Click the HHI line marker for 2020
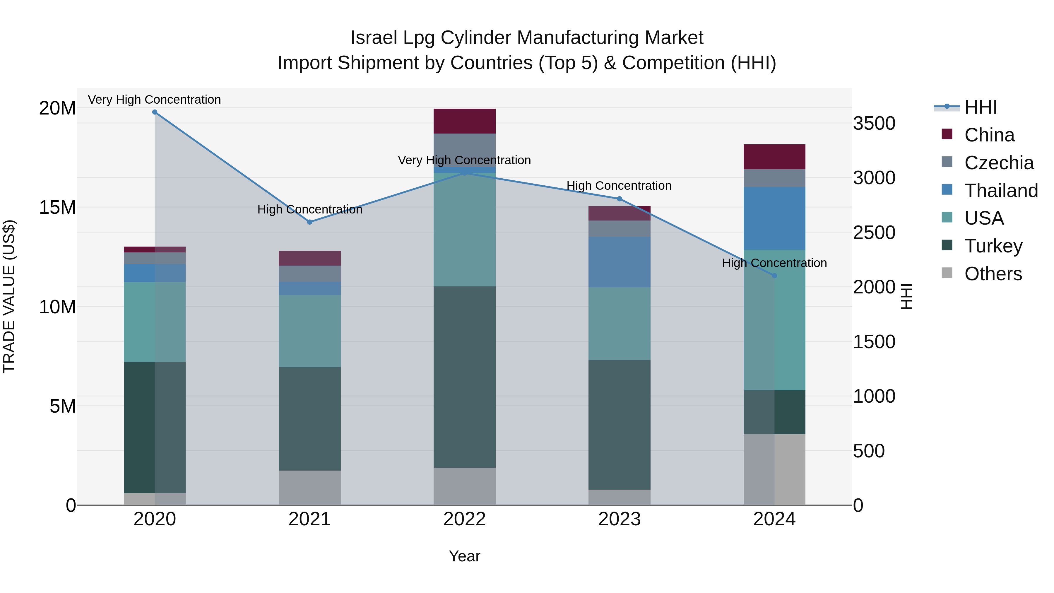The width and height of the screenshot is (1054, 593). click(x=155, y=112)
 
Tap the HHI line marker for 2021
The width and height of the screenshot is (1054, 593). click(x=310, y=222)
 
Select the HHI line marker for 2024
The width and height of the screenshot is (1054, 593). click(x=774, y=276)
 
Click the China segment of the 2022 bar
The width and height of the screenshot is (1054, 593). click(x=464, y=121)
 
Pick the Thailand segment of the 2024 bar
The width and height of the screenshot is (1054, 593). click(x=774, y=218)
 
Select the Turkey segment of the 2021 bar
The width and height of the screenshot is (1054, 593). click(x=310, y=419)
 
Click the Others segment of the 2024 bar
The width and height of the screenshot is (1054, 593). click(x=774, y=469)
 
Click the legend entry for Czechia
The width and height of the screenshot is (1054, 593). click(x=998, y=163)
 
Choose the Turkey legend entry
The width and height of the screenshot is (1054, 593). click(x=993, y=246)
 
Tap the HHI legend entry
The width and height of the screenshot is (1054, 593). click(x=980, y=107)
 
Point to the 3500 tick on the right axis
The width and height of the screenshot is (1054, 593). click(x=874, y=124)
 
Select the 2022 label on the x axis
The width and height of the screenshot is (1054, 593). click(x=464, y=519)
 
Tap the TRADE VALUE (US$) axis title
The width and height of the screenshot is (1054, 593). click(x=9, y=296)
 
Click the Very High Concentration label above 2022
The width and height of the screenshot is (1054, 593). click(x=464, y=160)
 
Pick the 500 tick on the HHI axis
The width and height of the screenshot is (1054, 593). click(x=869, y=451)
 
